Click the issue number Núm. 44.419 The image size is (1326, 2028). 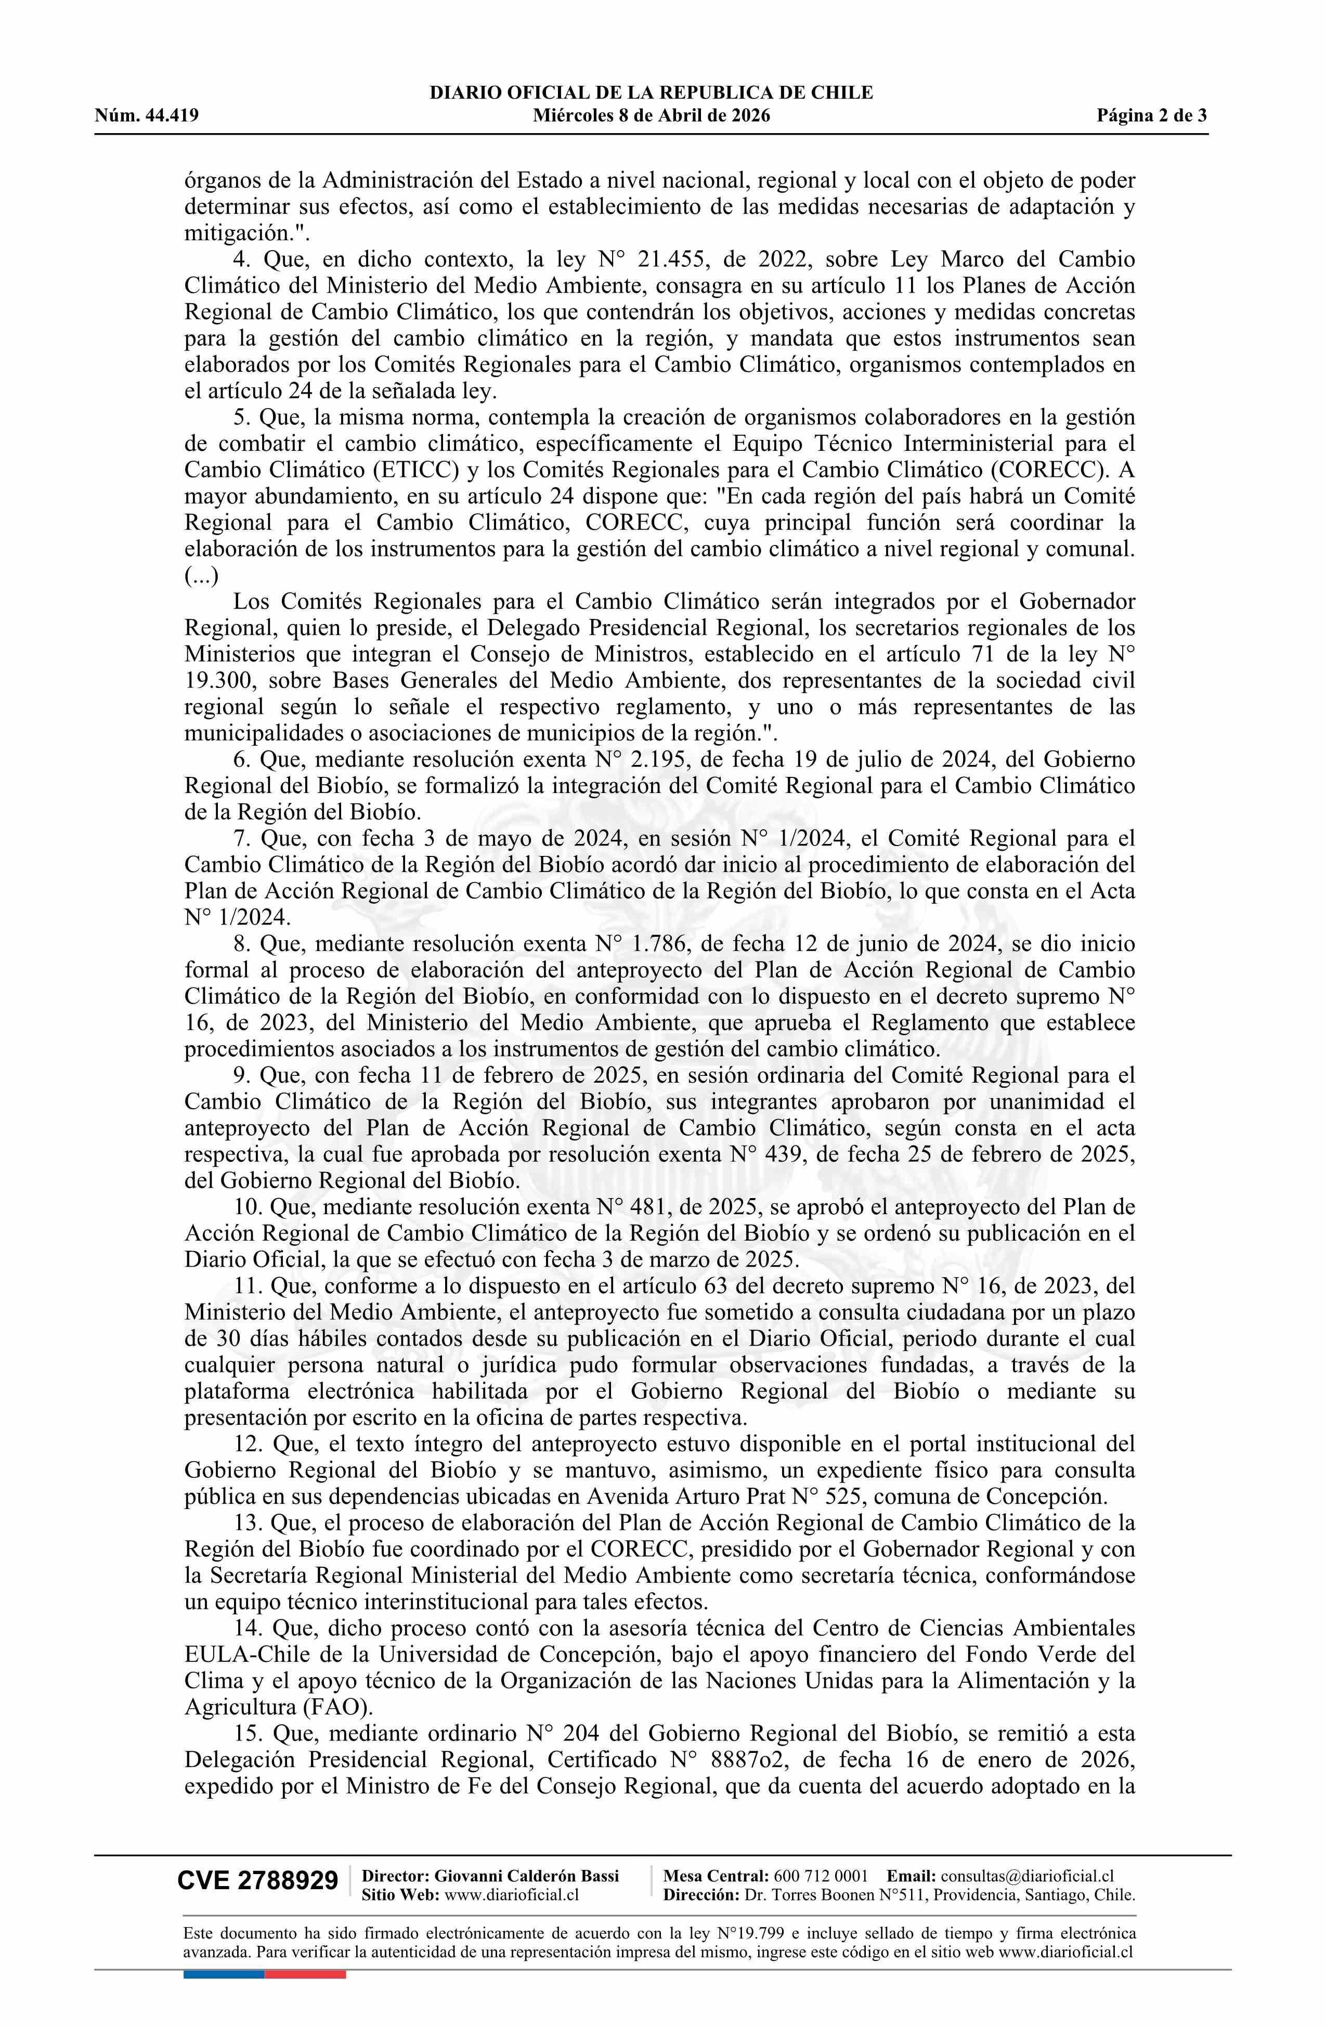click(147, 116)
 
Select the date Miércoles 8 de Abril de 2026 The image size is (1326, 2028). click(651, 116)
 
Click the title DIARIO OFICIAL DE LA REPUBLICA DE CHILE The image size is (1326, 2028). click(651, 93)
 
